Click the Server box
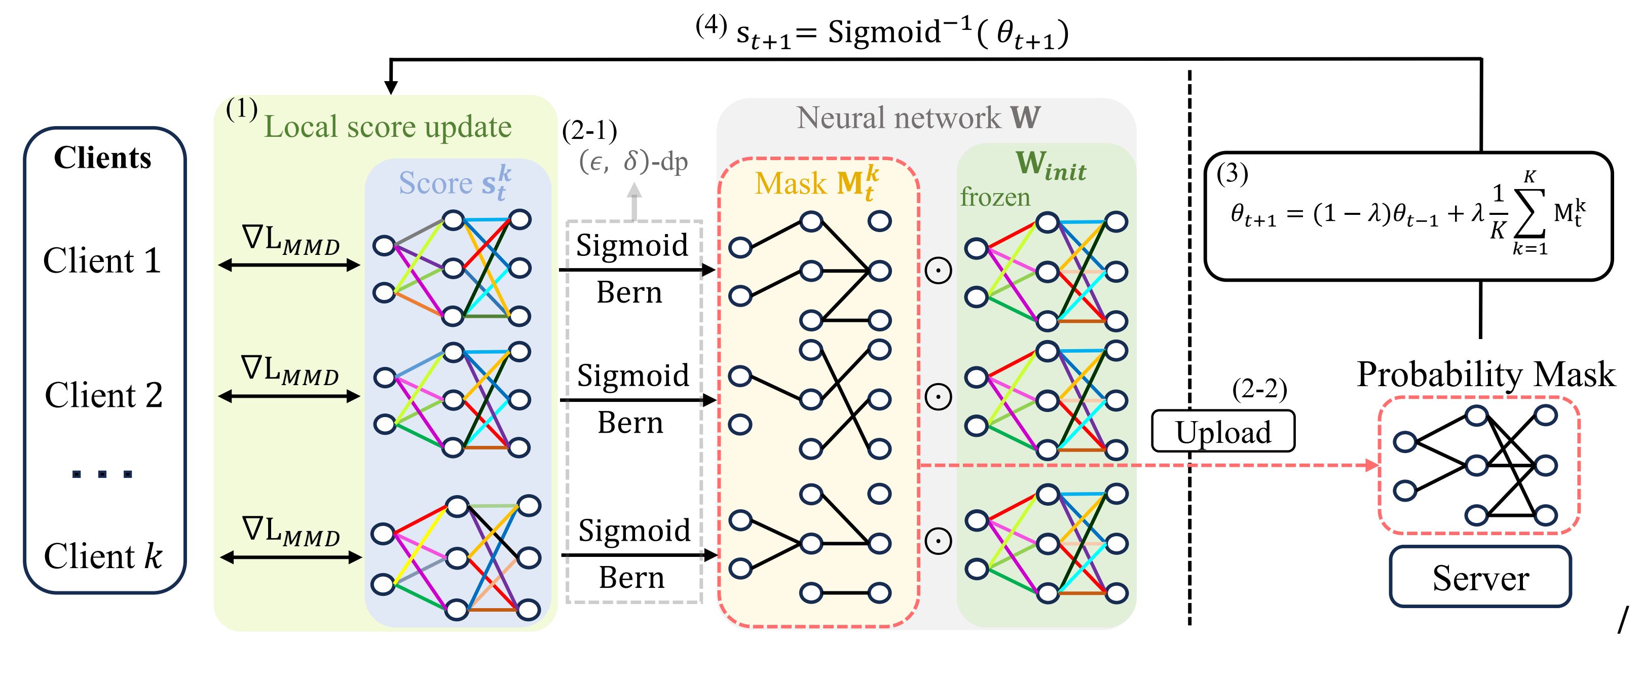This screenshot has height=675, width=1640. pyautogui.click(x=1480, y=577)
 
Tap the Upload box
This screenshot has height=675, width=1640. pyautogui.click(x=1223, y=432)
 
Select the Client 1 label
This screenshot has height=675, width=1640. pyautogui.click(x=102, y=261)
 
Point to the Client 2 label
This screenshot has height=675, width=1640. pyautogui.click(x=103, y=395)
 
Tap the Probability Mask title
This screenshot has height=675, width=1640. pyautogui.click(x=1486, y=374)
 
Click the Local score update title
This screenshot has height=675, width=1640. pyautogui.click(x=388, y=127)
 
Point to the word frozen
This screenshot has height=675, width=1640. pyautogui.click(x=995, y=198)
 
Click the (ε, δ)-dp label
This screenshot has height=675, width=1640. pyautogui.click(x=633, y=162)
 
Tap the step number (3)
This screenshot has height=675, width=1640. pyautogui.click(x=1232, y=173)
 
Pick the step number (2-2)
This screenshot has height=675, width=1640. pyautogui.click(x=1259, y=389)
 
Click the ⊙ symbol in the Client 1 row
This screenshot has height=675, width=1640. pyautogui.click(x=938, y=271)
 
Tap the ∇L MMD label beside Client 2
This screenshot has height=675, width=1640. pyautogui.click(x=290, y=370)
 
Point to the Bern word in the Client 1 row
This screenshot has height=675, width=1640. pyautogui.click(x=629, y=293)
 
